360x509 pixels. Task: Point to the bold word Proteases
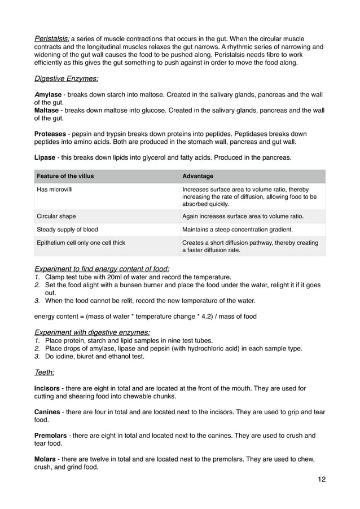click(x=50, y=134)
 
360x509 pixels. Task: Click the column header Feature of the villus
click(x=65, y=176)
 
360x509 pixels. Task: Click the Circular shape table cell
click(x=56, y=216)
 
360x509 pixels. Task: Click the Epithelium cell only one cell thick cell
click(x=81, y=243)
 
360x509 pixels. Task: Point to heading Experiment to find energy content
click(x=102, y=268)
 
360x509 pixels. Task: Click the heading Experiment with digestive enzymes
click(x=92, y=332)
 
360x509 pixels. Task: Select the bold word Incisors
click(x=47, y=388)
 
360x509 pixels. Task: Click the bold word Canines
click(x=47, y=412)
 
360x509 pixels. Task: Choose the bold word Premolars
click(x=51, y=436)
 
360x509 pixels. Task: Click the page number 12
click(x=321, y=480)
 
